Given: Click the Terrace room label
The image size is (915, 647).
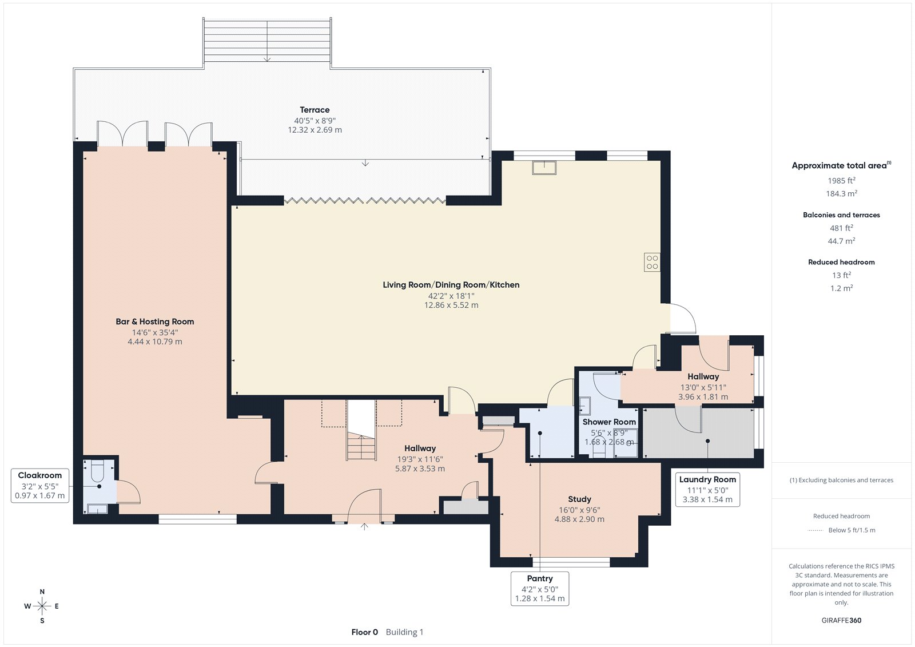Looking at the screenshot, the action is coord(315,109).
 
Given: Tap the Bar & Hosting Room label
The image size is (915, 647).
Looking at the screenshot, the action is coord(155,321).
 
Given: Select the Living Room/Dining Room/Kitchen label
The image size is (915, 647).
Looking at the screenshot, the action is coord(451,285).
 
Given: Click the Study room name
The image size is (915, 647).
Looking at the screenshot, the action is coord(579,499).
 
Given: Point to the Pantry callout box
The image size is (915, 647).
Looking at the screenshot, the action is coord(540,588).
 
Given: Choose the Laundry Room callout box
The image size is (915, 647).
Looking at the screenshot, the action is coord(707,489).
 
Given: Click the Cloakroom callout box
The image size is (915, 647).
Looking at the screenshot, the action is coord(40,486).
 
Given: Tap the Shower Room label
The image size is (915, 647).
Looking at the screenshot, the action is coord(609,422).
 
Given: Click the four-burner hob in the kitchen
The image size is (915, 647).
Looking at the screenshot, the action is coord(652,263).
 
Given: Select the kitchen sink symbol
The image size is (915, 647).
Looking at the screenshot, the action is coord(544,168).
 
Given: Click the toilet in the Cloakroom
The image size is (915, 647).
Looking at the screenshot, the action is coord(98,470).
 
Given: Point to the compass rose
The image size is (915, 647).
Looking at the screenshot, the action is coord(42,606).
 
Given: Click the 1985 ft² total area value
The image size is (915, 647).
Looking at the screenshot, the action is coord(841,180).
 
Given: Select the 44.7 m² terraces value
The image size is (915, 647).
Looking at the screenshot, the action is coord(841,241).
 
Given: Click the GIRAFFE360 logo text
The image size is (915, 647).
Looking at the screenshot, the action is coord(841,620).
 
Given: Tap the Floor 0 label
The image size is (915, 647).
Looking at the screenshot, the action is coord(364,632).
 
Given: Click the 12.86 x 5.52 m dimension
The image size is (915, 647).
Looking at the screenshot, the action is coord(451,305).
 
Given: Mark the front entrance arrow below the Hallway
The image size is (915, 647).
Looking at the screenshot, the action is coord(364,526).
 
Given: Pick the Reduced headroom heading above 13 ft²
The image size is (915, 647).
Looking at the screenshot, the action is coord(841,262).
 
